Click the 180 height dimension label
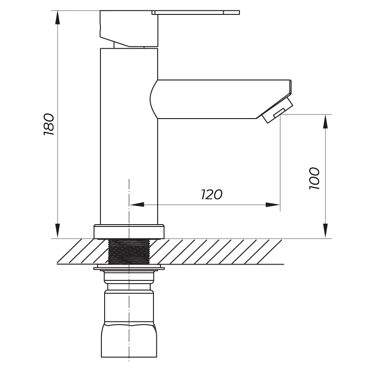pos(49,124)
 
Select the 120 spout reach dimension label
pos(212,194)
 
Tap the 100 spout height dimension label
pos(315,179)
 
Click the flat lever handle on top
pos(196,13)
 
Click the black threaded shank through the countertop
pos(129,252)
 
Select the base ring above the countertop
pos(129,232)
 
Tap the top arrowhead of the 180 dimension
pos(57,17)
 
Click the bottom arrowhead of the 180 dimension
pos(57,231)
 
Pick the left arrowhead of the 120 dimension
pos(137,205)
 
